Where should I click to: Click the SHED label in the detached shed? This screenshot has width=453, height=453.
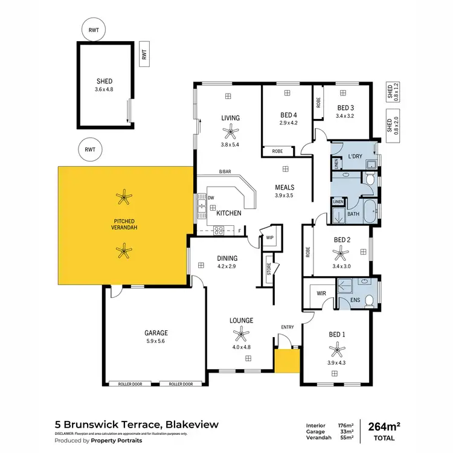point(104,80)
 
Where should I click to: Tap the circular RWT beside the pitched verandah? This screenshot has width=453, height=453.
point(91,149)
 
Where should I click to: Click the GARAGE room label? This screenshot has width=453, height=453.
point(155,333)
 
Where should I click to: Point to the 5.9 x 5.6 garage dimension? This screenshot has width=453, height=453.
point(155,341)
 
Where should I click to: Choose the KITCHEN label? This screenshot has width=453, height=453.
point(229,213)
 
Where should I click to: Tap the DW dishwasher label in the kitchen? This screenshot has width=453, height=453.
point(211,198)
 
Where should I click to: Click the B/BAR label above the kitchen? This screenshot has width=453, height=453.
point(225,172)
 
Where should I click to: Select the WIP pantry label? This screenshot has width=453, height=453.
point(269,238)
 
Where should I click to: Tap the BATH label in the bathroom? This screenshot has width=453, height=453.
point(353,213)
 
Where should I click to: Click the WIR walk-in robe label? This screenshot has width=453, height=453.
point(321,294)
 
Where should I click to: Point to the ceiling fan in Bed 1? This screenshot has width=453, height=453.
point(336,348)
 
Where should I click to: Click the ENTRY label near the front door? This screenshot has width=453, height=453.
point(288,327)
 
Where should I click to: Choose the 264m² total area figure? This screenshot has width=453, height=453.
point(382,427)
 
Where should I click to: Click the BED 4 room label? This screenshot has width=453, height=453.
point(289,115)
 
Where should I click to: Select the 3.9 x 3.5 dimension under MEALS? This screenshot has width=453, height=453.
point(284,195)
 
